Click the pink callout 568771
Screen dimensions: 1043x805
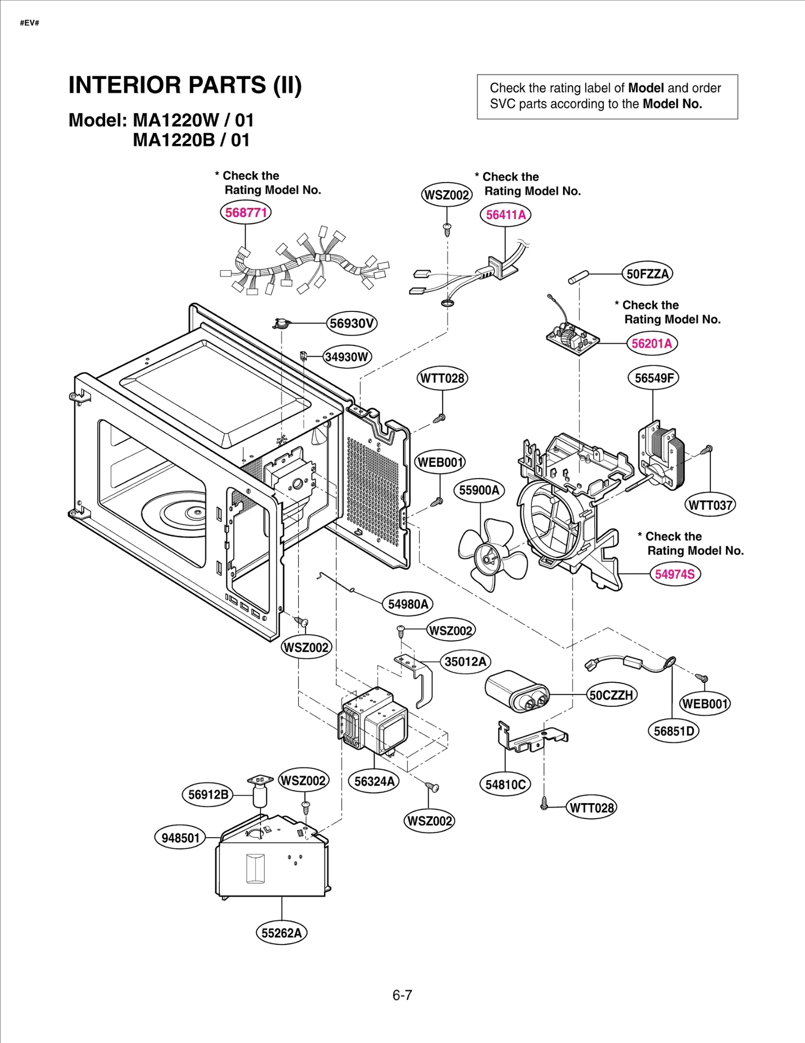(246, 212)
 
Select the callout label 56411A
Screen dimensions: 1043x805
(505, 215)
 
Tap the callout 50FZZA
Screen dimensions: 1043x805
(647, 274)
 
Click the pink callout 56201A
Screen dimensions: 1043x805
(652, 344)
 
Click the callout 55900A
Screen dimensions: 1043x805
(479, 490)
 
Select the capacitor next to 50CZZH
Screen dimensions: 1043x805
(516, 691)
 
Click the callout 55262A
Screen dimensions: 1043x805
(281, 933)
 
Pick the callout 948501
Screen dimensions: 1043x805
(180, 838)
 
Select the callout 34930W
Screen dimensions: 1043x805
(347, 357)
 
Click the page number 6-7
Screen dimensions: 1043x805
(402, 995)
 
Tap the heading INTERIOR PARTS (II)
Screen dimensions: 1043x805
(185, 85)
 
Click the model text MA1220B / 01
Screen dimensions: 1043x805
(191, 140)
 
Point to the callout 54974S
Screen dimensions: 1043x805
(674, 574)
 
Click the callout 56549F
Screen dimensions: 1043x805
(653, 378)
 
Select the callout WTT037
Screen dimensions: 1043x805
(710, 505)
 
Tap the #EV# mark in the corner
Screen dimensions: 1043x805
(29, 23)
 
